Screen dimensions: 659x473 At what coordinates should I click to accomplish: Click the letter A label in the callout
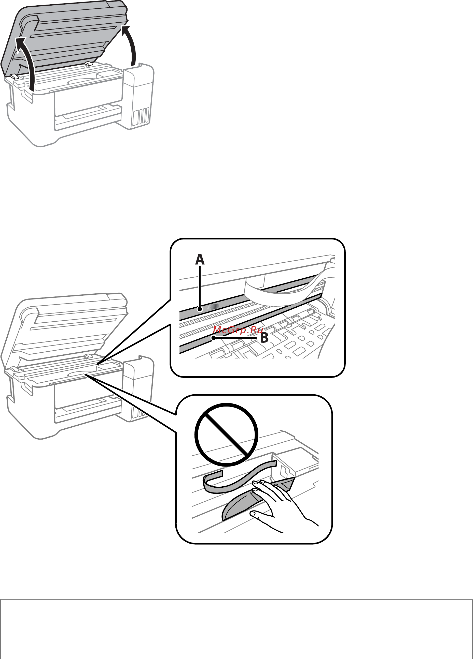pos(200,260)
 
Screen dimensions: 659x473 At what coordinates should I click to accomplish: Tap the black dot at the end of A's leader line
pos(200,309)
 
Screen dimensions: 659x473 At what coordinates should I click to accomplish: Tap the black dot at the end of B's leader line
pos(214,338)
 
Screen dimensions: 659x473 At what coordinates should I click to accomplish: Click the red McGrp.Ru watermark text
pos(238,330)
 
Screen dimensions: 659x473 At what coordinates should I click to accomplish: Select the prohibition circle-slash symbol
pos(226,435)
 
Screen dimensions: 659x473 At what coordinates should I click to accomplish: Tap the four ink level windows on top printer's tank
pos(141,116)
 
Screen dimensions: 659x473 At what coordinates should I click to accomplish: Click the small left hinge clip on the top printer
pos(14,77)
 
